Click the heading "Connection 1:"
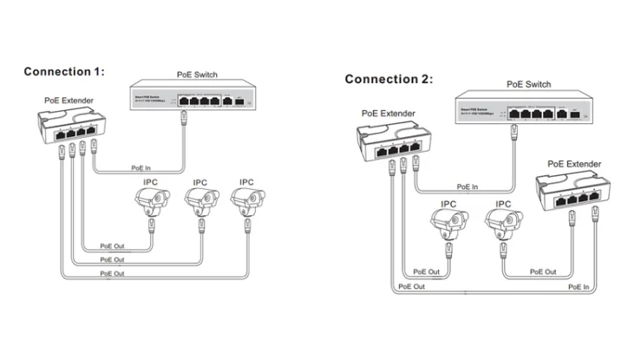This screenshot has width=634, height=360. coord(63,72)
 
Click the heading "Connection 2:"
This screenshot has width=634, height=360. coord(388,79)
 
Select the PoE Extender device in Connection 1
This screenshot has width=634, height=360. coord(69,127)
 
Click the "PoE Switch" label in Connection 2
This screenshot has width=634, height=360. coord(529,84)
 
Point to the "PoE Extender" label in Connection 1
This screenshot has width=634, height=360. coord(69,101)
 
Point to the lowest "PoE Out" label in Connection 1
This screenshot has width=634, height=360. coord(112,273)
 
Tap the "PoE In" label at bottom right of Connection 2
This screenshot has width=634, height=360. coord(578,285)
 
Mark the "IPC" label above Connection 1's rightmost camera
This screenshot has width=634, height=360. coord(246,182)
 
